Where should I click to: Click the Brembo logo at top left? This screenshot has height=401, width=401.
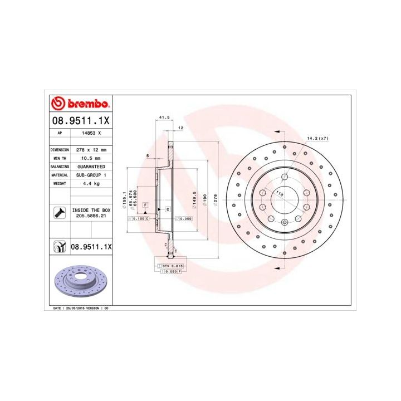[x=80, y=104]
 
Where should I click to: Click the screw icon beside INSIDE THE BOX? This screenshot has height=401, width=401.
[x=58, y=212]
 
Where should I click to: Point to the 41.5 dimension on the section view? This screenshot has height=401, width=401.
[x=164, y=118]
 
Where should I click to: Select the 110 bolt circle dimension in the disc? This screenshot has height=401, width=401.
[x=280, y=193]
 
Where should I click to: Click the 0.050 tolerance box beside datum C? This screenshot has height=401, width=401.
[x=184, y=218]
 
